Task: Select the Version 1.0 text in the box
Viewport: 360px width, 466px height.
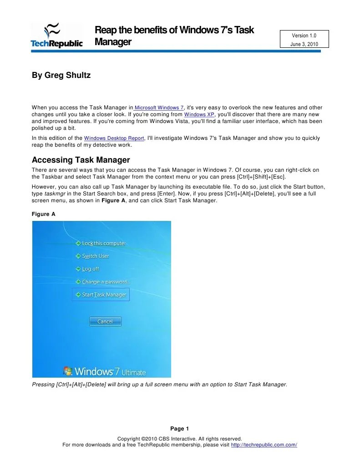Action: pyautogui.click(x=304, y=36)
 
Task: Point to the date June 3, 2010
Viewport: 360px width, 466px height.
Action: pyautogui.click(x=304, y=44)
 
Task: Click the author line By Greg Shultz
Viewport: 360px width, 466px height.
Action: pyautogui.click(x=61, y=75)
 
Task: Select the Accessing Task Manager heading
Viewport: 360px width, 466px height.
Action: pyautogui.click(x=81, y=160)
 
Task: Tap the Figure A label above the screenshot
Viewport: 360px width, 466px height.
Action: pyautogui.click(x=43, y=214)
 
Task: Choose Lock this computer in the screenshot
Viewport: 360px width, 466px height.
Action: pyautogui.click(x=103, y=243)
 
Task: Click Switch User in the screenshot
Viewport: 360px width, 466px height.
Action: pyautogui.click(x=95, y=256)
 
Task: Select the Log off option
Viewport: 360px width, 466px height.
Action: pyautogui.click(x=90, y=269)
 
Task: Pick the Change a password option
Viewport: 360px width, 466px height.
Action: pyautogui.click(x=106, y=282)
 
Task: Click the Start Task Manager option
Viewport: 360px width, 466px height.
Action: pyautogui.click(x=103, y=295)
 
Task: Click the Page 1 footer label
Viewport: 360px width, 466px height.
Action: pyautogui.click(x=179, y=428)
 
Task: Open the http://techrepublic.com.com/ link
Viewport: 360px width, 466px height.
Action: pyautogui.click(x=264, y=445)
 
